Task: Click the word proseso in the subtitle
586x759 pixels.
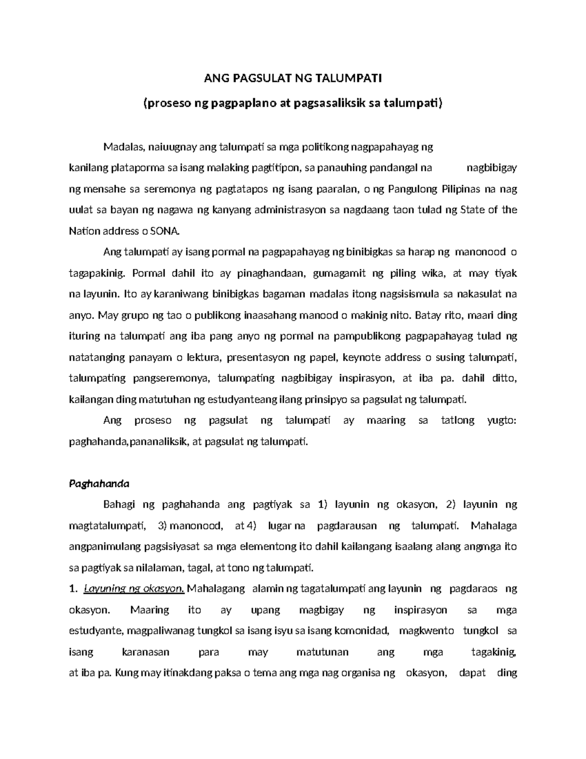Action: (x=168, y=104)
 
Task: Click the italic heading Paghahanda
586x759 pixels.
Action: (x=99, y=484)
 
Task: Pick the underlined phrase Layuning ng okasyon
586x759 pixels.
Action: (x=134, y=588)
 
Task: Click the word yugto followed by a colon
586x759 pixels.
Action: (x=501, y=420)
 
